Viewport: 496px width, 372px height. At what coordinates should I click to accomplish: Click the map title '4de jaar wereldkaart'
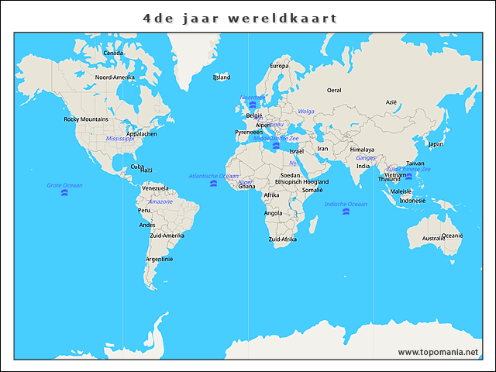[240, 18]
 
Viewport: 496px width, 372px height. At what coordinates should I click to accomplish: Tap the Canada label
[113, 53]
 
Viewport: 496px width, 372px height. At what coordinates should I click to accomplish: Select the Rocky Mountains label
[85, 119]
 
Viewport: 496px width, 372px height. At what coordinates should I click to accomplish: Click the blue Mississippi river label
[120, 138]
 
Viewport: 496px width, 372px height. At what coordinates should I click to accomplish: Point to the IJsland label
[222, 77]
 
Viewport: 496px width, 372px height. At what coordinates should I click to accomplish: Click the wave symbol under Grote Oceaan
[64, 193]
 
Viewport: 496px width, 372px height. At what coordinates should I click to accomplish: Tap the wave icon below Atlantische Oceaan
[213, 184]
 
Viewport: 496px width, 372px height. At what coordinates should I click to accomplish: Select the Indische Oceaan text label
[346, 204]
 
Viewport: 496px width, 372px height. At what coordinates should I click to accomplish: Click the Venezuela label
[155, 188]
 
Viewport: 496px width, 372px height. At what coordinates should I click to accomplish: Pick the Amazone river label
[160, 201]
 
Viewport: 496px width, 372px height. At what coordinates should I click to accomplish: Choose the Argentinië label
[160, 259]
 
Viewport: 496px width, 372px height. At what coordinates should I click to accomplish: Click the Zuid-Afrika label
[282, 239]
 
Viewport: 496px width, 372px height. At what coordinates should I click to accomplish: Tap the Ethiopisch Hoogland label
[301, 181]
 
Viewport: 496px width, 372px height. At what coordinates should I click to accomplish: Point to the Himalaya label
[362, 150]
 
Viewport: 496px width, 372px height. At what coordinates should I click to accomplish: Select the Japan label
[436, 143]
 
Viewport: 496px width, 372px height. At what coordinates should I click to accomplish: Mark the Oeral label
[334, 90]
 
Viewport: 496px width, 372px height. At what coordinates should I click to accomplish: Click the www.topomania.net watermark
[438, 352]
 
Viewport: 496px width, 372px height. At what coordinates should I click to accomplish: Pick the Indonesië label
[412, 200]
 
